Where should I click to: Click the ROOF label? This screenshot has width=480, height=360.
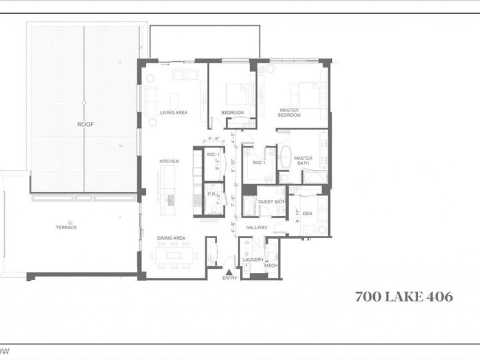(x=85, y=124)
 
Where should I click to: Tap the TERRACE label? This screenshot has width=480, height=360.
(x=67, y=227)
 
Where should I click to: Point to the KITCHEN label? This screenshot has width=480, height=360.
(x=169, y=161)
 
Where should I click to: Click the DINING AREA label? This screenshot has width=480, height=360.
(x=171, y=238)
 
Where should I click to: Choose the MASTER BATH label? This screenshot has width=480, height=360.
(x=303, y=160)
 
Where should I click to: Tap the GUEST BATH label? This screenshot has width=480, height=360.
(x=271, y=202)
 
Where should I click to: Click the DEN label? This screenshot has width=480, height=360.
(x=307, y=213)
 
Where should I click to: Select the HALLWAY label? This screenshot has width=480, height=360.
(x=256, y=227)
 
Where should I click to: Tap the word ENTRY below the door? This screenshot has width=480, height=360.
(x=229, y=278)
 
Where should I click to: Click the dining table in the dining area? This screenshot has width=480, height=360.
(x=174, y=255)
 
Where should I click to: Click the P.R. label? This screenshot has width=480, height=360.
(x=211, y=194)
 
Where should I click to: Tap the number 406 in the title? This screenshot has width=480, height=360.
(x=437, y=296)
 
